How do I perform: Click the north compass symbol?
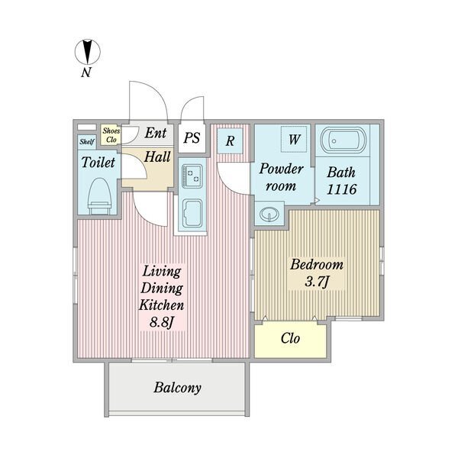88,52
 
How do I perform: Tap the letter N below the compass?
86,73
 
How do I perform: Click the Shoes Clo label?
111,135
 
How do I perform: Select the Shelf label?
87,142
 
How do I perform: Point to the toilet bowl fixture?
99,195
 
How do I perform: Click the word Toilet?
98,163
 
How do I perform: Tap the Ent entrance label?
156,133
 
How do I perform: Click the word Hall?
157,156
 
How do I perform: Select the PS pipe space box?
192,137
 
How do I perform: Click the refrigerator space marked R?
231,140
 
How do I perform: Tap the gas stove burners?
192,176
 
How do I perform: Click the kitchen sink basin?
192,213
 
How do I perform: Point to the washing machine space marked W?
294,139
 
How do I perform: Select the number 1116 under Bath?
341,189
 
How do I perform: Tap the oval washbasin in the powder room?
269,214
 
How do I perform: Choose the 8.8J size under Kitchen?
162,322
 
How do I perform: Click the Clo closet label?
290,338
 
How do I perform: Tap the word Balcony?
177,388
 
